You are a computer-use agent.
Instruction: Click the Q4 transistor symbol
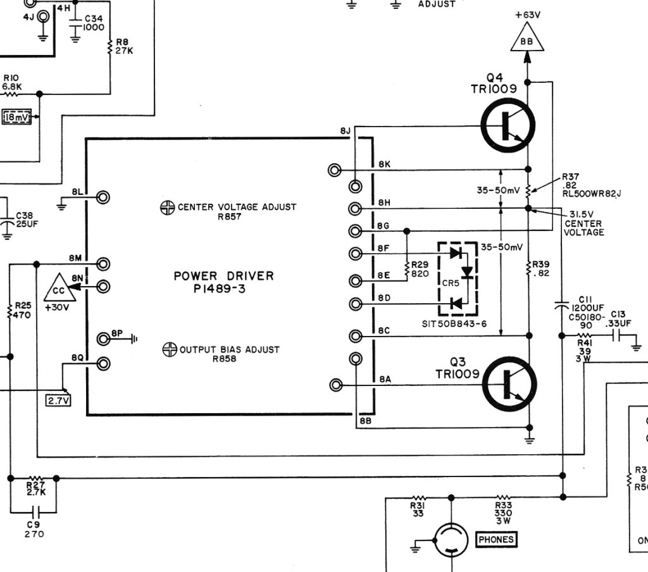coord(508,126)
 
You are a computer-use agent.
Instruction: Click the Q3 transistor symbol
coord(509,384)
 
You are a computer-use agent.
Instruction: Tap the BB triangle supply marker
coord(527,37)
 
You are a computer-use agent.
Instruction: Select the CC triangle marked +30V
coord(59,288)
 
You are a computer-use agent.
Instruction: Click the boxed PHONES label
coord(496,539)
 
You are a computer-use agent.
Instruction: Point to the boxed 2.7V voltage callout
coord(58,400)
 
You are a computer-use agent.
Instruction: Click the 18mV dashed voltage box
coord(16,118)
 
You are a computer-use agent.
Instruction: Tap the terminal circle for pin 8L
coord(103,197)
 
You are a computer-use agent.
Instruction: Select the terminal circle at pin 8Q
coord(103,364)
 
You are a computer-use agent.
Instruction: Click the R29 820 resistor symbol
coord(407,270)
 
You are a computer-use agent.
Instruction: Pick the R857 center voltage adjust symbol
coord(167,208)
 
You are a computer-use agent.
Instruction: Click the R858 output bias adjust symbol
coord(170,350)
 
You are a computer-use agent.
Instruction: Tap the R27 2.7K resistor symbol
coord(36,478)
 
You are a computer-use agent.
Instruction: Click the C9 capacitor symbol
coord(37,513)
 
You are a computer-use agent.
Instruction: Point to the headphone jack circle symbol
coord(451,539)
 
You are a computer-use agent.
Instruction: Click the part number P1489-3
coord(220,289)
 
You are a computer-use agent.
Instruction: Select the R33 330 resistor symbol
coord(503,497)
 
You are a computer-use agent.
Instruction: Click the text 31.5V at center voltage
coord(582,214)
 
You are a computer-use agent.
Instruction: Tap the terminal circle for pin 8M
coord(103,264)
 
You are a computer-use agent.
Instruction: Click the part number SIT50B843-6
coord(454,324)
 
